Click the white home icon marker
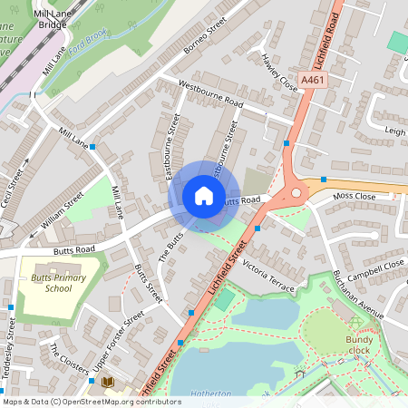click(204, 195)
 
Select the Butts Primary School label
click(58, 283)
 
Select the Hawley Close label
click(279, 71)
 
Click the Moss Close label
click(354, 196)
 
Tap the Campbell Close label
click(376, 269)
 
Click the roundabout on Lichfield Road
click(296, 191)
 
